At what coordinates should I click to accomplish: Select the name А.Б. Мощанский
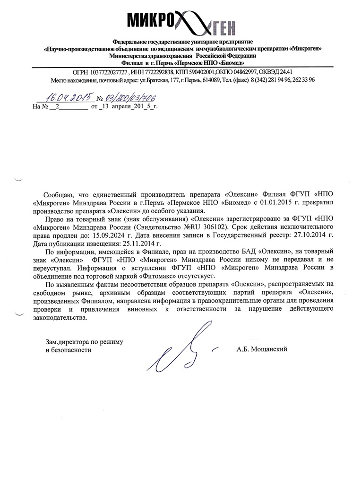[x=262, y=349]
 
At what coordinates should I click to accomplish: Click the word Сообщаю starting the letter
[x=57, y=194]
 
